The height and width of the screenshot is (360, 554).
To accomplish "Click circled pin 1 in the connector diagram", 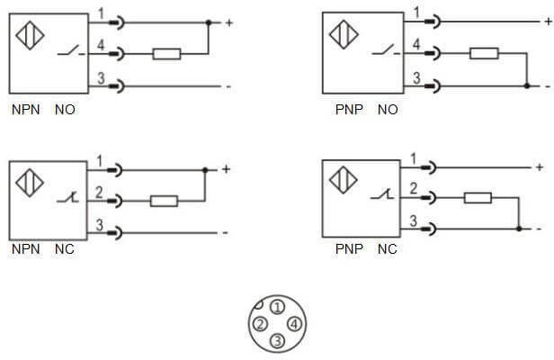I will pyautogui.click(x=276, y=308).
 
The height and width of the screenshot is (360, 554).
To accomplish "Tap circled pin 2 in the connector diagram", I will pyautogui.click(x=259, y=324).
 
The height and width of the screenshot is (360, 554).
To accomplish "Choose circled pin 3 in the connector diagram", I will pyautogui.click(x=277, y=340).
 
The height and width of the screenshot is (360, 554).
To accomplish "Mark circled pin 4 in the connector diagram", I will pyautogui.click(x=293, y=324).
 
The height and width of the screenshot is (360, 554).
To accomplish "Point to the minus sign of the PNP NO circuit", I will pyautogui.click(x=548, y=86).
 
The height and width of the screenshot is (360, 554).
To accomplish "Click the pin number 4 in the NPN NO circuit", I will pyautogui.click(x=102, y=45).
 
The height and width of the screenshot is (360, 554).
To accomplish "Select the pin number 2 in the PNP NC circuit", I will pyautogui.click(x=413, y=188).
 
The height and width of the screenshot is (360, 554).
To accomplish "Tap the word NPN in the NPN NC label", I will pyautogui.click(x=22, y=248).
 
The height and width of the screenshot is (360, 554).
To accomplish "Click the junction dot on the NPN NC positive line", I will pyautogui.click(x=205, y=169).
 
